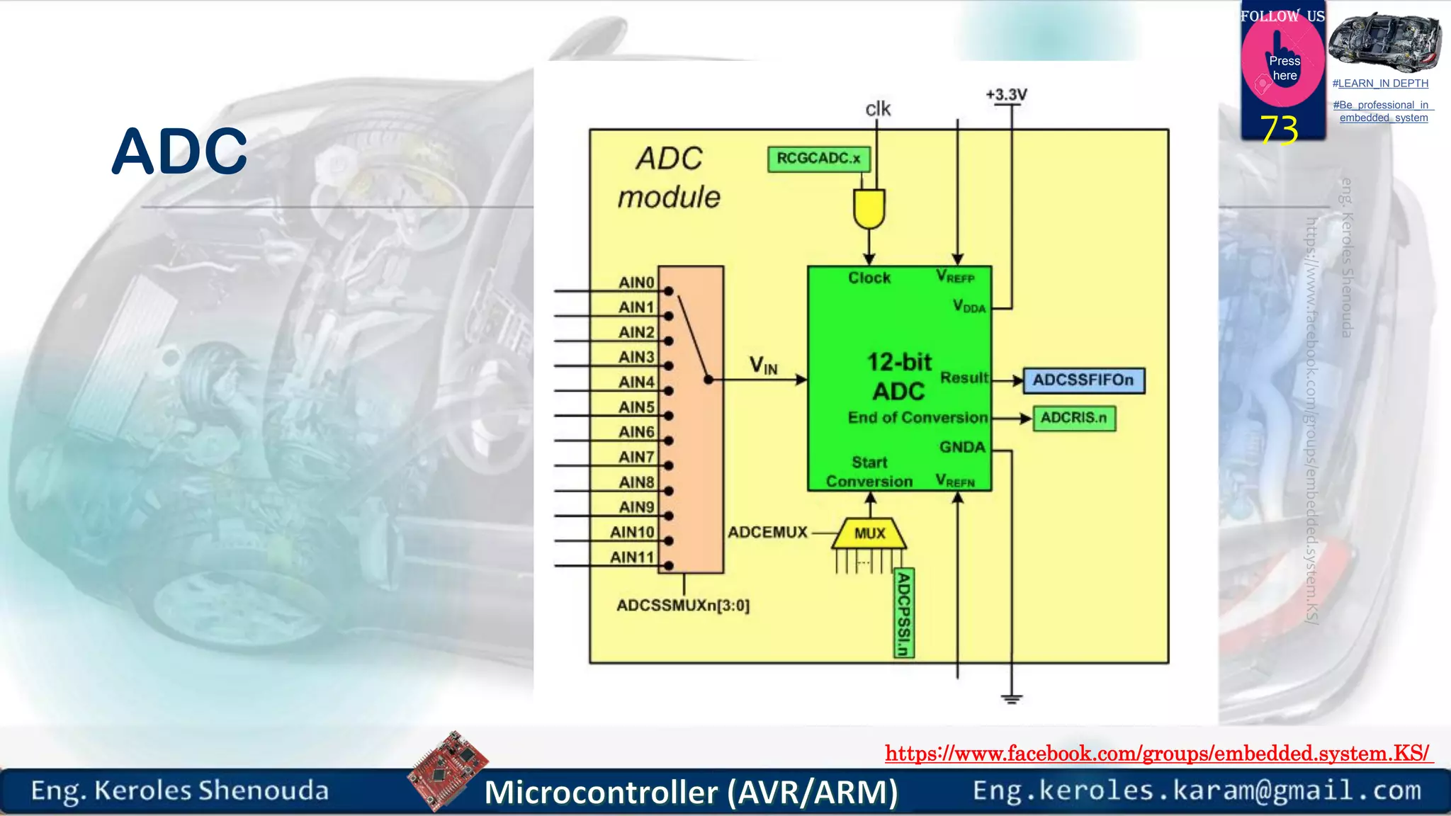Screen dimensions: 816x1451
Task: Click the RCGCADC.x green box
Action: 818,159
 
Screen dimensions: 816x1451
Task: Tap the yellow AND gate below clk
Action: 869,208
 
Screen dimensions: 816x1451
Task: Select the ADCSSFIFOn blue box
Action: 1083,380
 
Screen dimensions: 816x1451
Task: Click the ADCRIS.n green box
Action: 1073,418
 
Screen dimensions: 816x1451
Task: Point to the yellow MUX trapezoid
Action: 869,533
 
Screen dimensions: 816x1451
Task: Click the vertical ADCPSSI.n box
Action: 904,613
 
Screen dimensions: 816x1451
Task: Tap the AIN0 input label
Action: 636,283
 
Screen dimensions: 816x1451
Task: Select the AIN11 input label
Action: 632,557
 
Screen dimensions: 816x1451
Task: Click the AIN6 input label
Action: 636,432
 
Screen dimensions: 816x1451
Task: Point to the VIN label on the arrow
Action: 764,366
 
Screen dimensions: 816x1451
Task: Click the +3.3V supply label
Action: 1006,95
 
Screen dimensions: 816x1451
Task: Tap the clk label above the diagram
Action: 878,109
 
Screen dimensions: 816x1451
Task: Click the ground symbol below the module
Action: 1012,698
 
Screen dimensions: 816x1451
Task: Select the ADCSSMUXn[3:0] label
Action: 683,606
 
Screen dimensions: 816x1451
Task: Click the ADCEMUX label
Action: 767,532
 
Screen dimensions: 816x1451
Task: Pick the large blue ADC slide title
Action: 180,151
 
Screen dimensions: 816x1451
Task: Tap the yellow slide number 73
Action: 1279,130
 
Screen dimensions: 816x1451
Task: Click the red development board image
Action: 448,770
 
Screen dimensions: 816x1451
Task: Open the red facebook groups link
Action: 1158,753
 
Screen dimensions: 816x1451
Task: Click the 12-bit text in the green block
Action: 900,362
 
